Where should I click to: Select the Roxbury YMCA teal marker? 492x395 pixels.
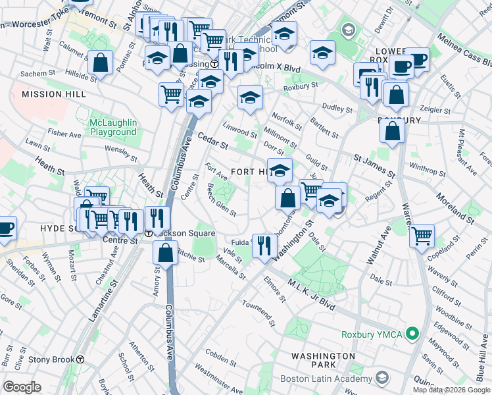coord(412,334)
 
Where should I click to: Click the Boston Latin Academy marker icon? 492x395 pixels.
coord(382,378)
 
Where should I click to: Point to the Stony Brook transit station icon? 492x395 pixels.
coord(80,359)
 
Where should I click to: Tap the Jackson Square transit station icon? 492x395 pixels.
coord(149,234)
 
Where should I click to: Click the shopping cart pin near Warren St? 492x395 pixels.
coord(422,235)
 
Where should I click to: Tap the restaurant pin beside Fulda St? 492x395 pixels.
coord(264,246)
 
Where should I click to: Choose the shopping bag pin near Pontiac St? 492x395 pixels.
coord(101,63)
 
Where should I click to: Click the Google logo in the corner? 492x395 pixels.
coord(23,386)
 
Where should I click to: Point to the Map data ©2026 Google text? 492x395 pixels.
coord(451,390)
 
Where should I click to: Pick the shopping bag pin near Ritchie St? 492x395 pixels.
coord(166,252)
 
